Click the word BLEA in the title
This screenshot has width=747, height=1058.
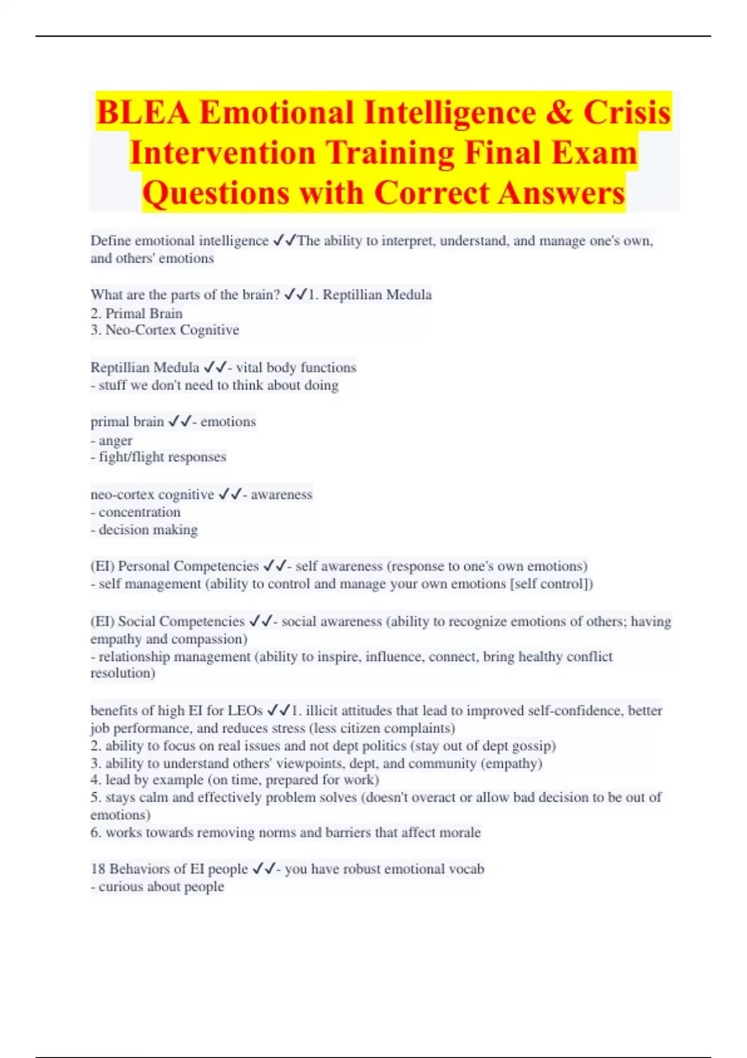pos(143,113)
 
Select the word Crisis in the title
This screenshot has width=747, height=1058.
pos(627,113)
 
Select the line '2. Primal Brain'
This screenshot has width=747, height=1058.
pos(136,313)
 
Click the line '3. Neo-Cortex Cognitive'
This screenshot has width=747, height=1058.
pos(164,330)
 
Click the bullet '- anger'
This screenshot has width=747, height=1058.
pos(111,441)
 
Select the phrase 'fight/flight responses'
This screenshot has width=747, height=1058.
pos(162,457)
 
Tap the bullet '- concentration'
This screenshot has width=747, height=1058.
pos(136,512)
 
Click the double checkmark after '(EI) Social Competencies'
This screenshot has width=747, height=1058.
pos(261,621)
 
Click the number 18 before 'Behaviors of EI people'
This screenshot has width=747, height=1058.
pos(98,869)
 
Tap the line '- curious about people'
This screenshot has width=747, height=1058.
pos(157,886)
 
